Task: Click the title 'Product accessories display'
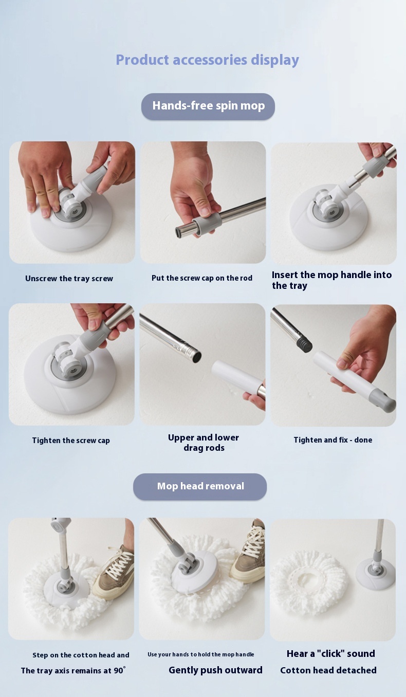point(207,60)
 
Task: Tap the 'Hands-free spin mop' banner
point(208,106)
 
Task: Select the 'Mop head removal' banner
point(200,486)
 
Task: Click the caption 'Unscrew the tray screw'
point(69,279)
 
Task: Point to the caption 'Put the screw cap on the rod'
point(202,278)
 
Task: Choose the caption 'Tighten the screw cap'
point(71,441)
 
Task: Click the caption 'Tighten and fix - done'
point(333,439)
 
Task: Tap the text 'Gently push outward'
point(215,670)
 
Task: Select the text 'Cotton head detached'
point(328,670)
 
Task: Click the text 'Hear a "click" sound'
point(331,653)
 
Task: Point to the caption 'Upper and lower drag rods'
point(204,443)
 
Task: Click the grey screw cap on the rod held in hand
point(208,222)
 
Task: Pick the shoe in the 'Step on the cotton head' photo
point(114,573)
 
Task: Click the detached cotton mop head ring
point(308,582)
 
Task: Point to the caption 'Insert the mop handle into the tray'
point(331,280)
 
